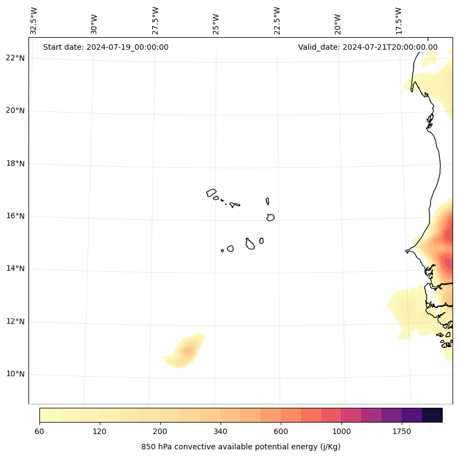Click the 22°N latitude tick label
click(x=15, y=58)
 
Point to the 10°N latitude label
click(x=15, y=374)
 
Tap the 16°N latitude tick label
click(x=15, y=216)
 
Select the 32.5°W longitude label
click(x=34, y=21)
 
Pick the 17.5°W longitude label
click(x=399, y=21)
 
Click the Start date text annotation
click(x=106, y=47)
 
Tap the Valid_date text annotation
click(x=368, y=47)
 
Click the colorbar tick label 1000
click(x=341, y=432)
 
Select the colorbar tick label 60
click(x=39, y=432)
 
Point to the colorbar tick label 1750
click(x=402, y=432)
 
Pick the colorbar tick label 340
click(x=221, y=432)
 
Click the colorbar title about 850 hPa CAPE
click(x=241, y=447)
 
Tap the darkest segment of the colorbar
click(x=432, y=415)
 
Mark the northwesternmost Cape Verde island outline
click(x=211, y=192)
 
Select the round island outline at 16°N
click(x=270, y=217)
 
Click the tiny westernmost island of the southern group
click(x=222, y=250)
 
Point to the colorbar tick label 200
click(x=160, y=432)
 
